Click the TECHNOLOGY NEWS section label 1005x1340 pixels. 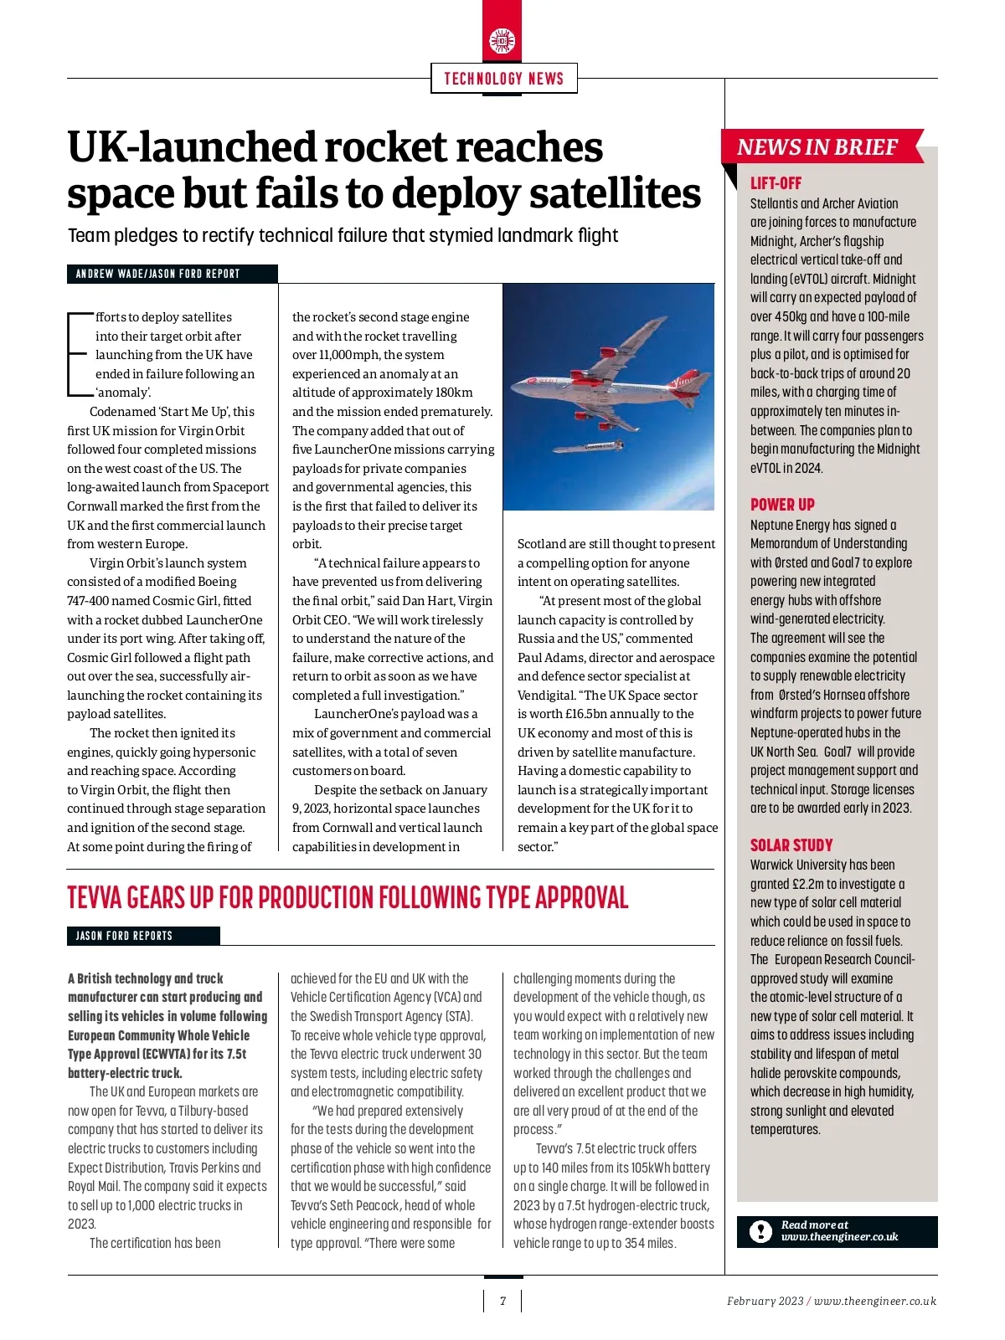tap(503, 79)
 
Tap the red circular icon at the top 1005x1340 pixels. tap(502, 41)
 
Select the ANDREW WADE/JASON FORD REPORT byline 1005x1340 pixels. tap(157, 274)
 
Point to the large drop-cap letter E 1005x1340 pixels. tap(77, 354)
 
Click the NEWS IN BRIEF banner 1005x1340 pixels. tap(817, 147)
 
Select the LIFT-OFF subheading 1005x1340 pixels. tap(776, 183)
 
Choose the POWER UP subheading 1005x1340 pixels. tap(782, 505)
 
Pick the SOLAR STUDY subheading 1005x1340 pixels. tap(791, 845)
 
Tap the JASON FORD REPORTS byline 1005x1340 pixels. tap(124, 936)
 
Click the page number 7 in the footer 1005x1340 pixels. tap(502, 1301)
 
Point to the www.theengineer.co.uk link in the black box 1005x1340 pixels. tap(839, 1237)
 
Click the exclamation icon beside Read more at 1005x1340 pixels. tap(760, 1231)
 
